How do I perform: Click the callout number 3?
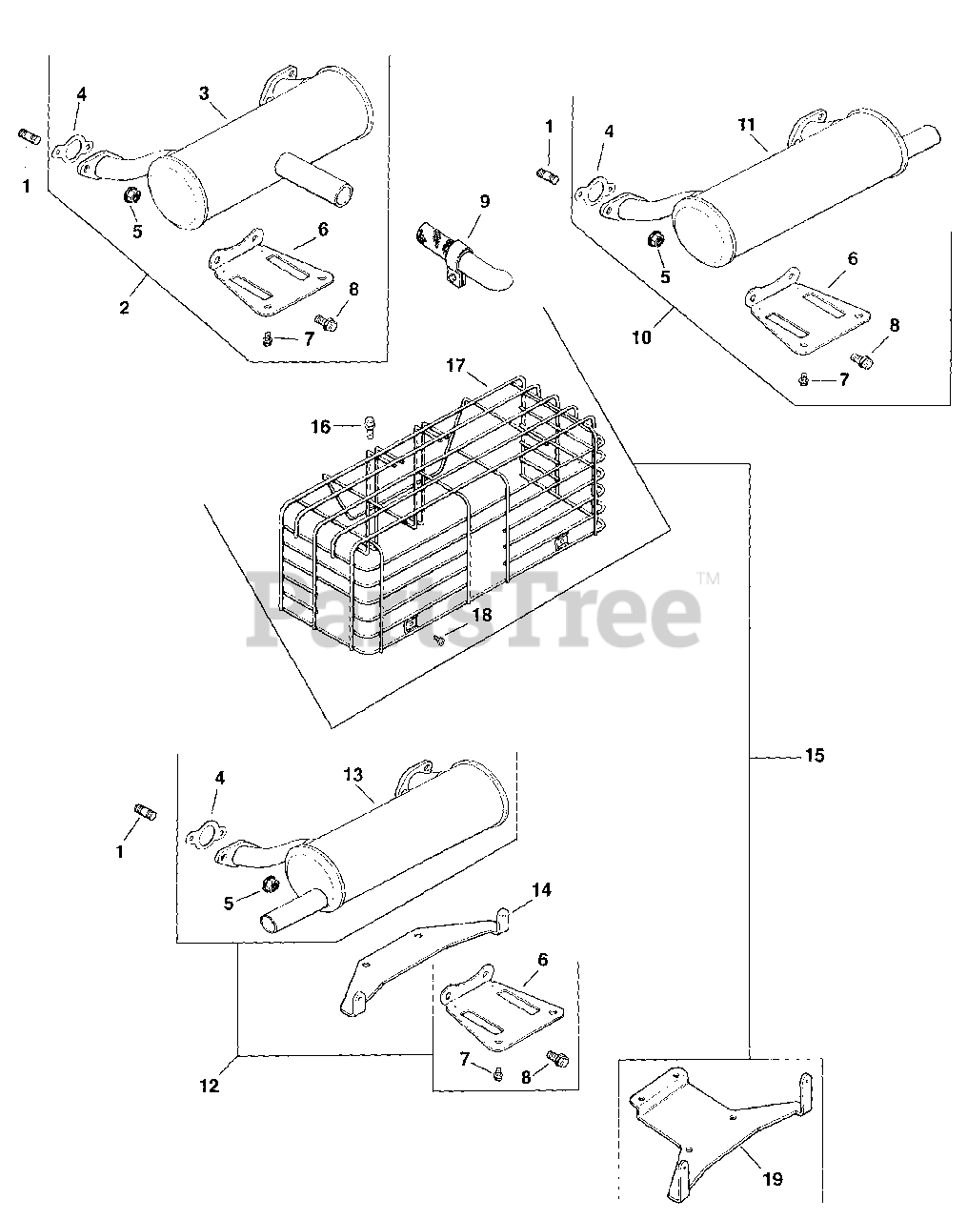(204, 92)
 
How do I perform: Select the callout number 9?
(485, 201)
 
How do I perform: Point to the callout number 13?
(353, 775)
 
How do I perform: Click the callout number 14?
(541, 890)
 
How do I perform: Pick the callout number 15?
(814, 756)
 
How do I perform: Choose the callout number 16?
(320, 426)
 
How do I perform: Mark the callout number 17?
(455, 365)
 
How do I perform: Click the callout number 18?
(482, 615)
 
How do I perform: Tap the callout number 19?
(773, 1179)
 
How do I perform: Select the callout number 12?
(210, 1086)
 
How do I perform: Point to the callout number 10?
(642, 336)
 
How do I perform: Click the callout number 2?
(124, 307)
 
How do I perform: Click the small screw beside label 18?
(439, 640)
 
